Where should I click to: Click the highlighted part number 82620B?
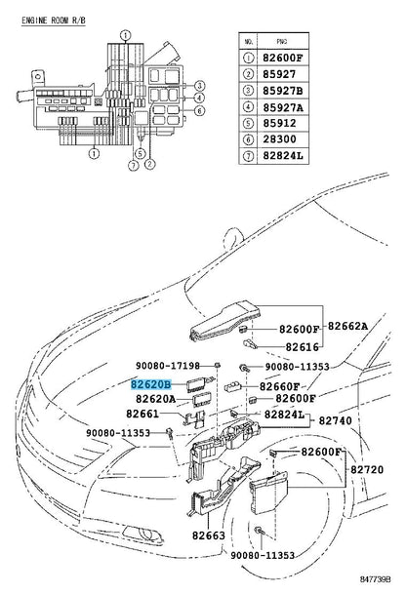[151, 384]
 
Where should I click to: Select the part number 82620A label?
[156, 399]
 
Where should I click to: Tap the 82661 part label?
[142, 414]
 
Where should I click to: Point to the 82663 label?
[209, 535]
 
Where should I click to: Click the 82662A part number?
[347, 326]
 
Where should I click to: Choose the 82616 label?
[303, 347]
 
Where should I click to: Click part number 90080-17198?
[168, 366]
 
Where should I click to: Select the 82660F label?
[279, 386]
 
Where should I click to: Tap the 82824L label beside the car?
[284, 415]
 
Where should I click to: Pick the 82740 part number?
[335, 420]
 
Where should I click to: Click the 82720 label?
[367, 469]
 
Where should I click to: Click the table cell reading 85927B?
[283, 91]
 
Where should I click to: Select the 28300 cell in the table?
[283, 139]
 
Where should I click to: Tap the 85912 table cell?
[283, 124]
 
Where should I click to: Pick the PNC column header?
[283, 41]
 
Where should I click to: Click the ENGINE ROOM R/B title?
[54, 20]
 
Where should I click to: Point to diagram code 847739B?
[376, 579]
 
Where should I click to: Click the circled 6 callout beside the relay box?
[200, 110]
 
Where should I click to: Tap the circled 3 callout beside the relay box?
[200, 86]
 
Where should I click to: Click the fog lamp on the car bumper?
[144, 534]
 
